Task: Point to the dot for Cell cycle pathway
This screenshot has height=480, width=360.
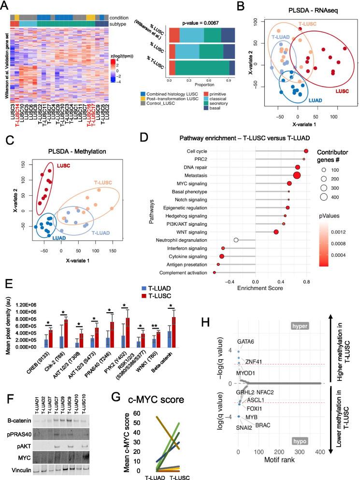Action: pos(306,152)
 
